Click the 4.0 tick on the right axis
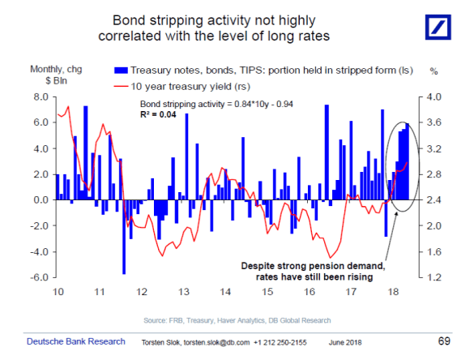pos(430,96)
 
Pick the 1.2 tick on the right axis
pos(430,277)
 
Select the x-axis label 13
pos(184,291)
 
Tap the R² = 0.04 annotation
pos(158,116)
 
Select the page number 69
pos(443,341)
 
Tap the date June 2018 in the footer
pos(346,343)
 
